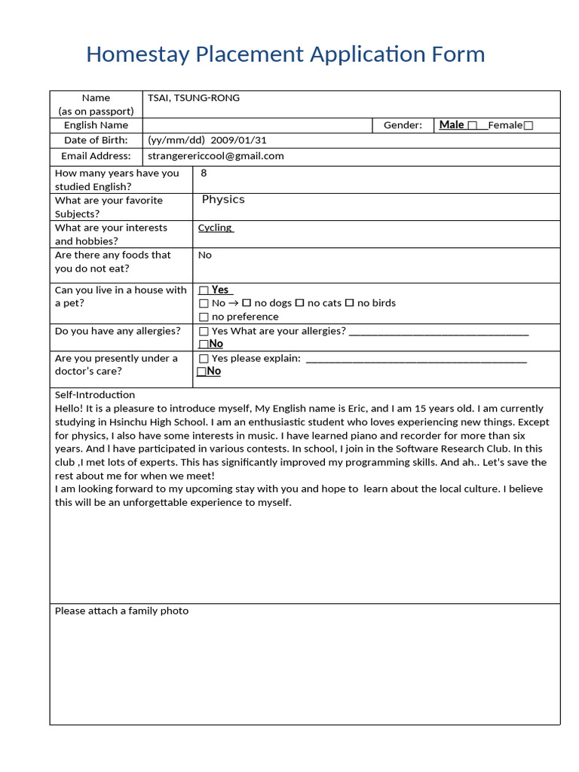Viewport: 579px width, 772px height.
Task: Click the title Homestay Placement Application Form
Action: coord(285,54)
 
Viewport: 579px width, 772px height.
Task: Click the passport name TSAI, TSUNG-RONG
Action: coord(194,98)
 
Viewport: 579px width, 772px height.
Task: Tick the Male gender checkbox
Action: coord(473,126)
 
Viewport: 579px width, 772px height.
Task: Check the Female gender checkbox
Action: coord(528,126)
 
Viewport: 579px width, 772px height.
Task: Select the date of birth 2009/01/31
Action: coord(238,140)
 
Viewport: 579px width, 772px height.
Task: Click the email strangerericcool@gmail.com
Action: coord(216,156)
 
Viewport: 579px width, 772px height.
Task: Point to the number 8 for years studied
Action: coord(204,173)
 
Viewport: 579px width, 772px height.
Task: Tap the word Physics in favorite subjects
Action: coord(223,200)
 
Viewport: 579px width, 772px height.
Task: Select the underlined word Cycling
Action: coord(216,228)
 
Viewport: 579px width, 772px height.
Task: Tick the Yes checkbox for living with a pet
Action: coord(204,290)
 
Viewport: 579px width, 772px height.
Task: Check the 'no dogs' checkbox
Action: coord(247,303)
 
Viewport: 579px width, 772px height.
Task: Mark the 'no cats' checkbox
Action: coord(299,303)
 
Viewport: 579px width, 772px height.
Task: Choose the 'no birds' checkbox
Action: coord(349,303)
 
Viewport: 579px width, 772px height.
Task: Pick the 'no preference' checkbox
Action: coord(204,317)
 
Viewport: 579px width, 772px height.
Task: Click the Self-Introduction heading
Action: coord(95,395)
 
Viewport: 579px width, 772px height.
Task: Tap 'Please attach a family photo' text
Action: coord(121,611)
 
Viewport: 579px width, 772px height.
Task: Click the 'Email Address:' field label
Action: coord(96,156)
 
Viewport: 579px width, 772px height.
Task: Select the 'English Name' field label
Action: coord(96,125)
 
